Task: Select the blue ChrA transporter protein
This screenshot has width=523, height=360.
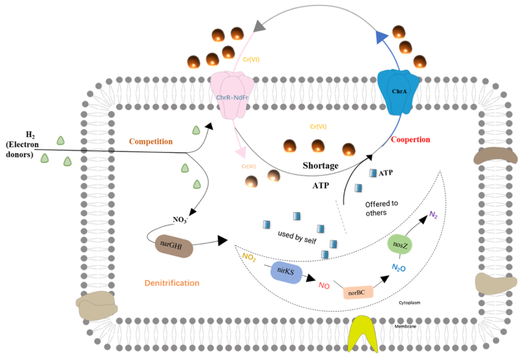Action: click(x=398, y=91)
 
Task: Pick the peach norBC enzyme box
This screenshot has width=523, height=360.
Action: click(x=358, y=292)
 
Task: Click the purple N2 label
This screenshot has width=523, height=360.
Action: click(x=433, y=214)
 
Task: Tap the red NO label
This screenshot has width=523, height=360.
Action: click(x=324, y=285)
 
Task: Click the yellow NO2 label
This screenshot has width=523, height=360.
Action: click(x=249, y=256)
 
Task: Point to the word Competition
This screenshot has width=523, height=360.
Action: click(x=150, y=141)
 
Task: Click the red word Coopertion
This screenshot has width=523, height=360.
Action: click(x=411, y=140)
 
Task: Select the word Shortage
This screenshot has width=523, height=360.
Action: click(x=320, y=165)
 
